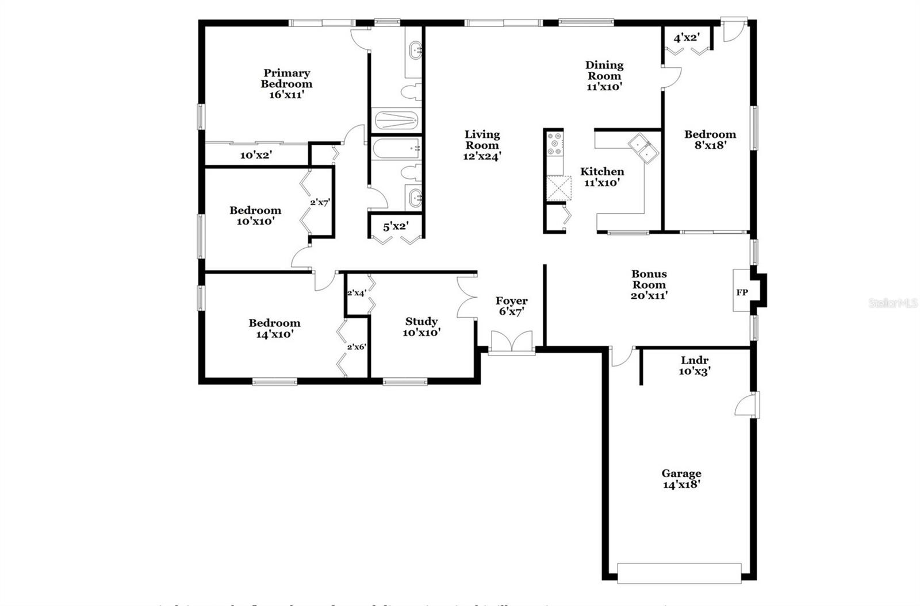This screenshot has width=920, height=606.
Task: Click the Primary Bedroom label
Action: [x=286, y=84]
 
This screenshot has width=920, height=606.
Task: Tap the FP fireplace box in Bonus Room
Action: [x=742, y=292]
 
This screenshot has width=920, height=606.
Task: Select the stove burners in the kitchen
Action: [x=555, y=144]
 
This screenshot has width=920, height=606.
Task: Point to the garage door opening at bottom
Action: [x=679, y=573]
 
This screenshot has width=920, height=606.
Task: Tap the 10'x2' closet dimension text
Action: [x=256, y=155]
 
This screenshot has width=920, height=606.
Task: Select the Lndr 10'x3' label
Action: [x=695, y=366]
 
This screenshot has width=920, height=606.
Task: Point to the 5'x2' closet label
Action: [x=396, y=226]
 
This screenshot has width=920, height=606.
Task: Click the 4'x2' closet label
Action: [x=686, y=38]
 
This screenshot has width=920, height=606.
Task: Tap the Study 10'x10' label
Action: [x=421, y=327]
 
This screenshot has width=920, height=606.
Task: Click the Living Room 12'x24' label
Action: [x=482, y=145]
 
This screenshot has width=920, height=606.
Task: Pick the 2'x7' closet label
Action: [x=320, y=202]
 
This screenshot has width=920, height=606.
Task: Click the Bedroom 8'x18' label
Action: [x=710, y=140]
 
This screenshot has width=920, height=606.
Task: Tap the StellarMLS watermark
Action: [x=893, y=303]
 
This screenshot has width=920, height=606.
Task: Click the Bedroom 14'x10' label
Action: [x=274, y=329]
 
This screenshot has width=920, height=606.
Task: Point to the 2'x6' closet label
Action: [x=356, y=347]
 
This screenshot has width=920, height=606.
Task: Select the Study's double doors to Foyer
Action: [x=465, y=298]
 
